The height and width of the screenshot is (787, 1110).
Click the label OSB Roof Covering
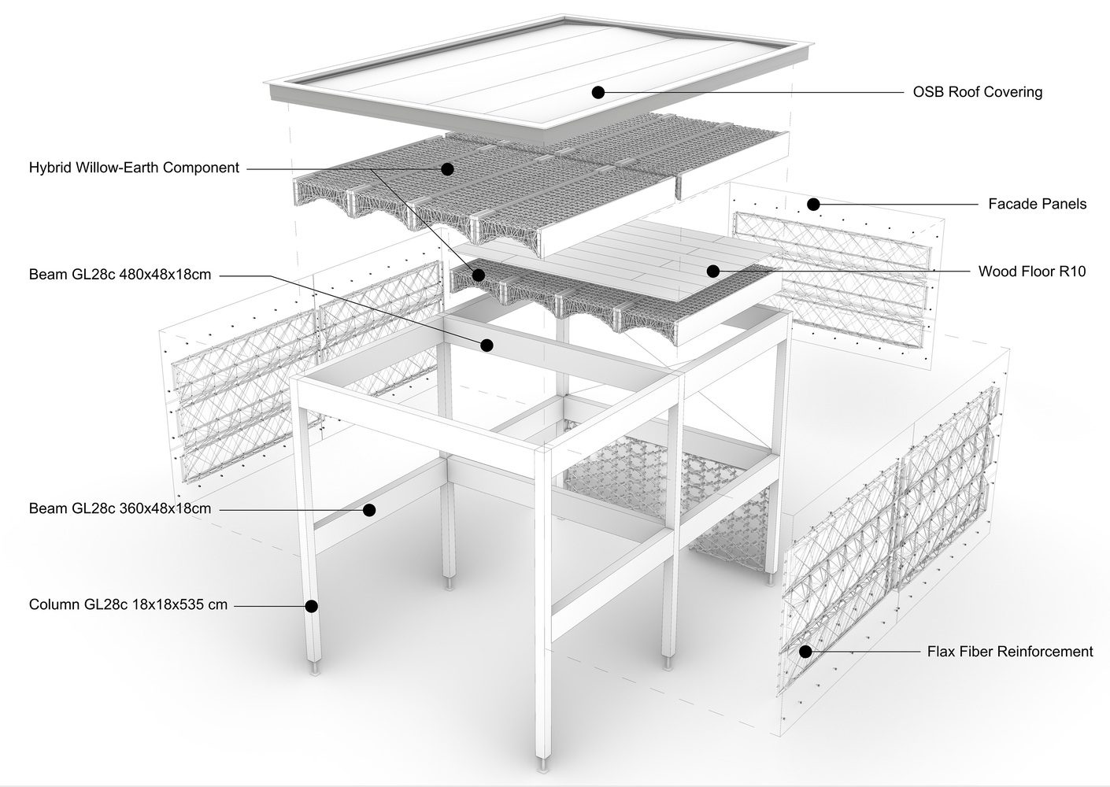click(x=978, y=92)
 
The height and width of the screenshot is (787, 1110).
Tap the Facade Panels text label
click(x=1037, y=204)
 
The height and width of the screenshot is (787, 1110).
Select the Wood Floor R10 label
click(x=1032, y=272)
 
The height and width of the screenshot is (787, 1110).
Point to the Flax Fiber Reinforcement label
click(x=1010, y=652)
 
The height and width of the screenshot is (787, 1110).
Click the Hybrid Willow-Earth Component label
click(x=134, y=168)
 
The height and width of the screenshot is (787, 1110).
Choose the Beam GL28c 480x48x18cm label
click(x=120, y=275)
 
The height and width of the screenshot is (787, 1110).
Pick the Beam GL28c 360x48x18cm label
click(x=120, y=508)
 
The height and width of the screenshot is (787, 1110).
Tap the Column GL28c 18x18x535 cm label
click(x=128, y=604)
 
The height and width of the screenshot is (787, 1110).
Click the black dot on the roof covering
click(x=598, y=92)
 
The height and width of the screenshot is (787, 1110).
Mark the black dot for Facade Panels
click(x=813, y=204)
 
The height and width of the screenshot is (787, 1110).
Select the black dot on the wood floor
click(x=713, y=271)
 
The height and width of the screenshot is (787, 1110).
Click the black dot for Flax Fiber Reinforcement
click(x=806, y=652)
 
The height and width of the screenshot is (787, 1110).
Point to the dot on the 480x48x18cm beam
click(x=487, y=345)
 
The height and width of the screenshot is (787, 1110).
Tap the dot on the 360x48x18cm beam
click(x=369, y=510)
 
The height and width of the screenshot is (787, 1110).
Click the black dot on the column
click(x=311, y=606)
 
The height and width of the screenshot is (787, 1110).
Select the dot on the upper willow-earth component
click(x=447, y=169)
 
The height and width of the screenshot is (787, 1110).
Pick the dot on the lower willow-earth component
click(x=478, y=275)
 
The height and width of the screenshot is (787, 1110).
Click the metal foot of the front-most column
click(x=544, y=763)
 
